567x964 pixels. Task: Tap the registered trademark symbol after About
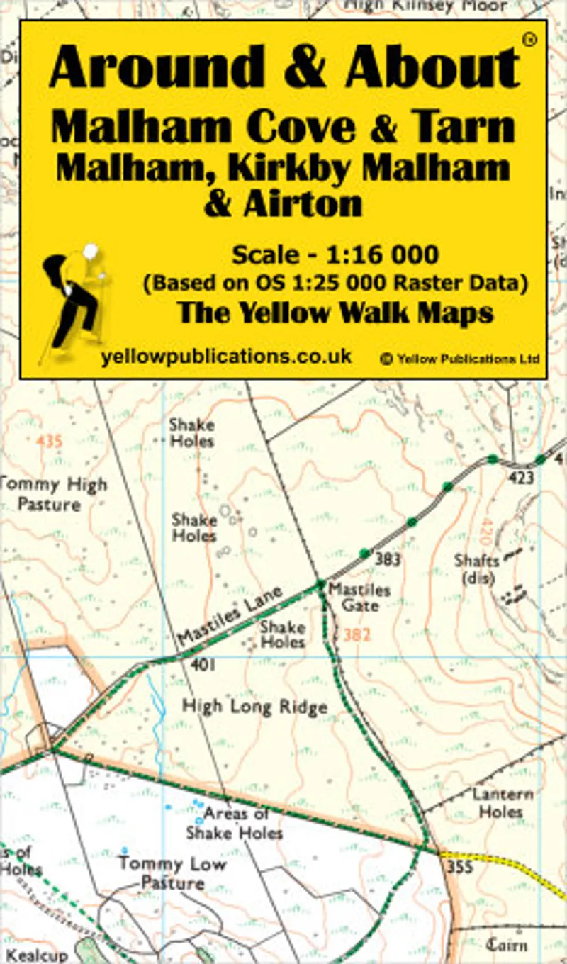[528, 40]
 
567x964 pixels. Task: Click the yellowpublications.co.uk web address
[226, 357]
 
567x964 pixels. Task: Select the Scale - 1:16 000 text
[335, 254]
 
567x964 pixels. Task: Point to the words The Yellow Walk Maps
[335, 312]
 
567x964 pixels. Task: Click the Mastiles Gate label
[359, 598]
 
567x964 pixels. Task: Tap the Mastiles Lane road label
[230, 615]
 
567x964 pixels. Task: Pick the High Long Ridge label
[255, 707]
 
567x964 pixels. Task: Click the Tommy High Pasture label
[53, 495]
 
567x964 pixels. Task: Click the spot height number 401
[203, 666]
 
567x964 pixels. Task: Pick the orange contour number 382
[356, 636]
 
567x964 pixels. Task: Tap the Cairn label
[507, 944]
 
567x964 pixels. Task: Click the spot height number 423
[520, 478]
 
